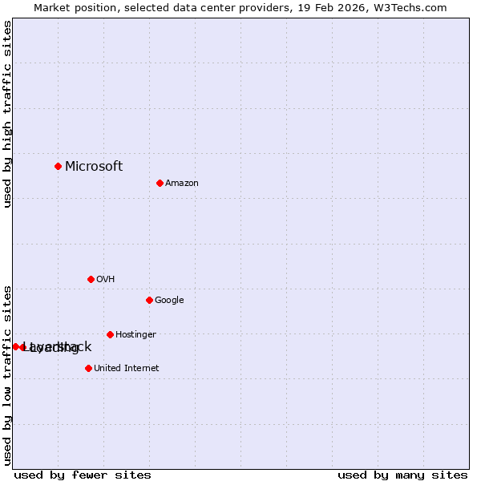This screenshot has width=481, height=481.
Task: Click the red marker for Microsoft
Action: [58, 166]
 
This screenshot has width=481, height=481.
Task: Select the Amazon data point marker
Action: [160, 183]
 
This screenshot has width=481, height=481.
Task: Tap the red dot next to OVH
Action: [91, 279]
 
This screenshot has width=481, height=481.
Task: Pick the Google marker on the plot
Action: [149, 300]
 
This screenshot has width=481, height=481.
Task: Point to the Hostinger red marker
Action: [110, 334]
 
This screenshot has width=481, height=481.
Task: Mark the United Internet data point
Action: [88, 368]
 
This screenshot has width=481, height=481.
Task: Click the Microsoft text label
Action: [94, 167]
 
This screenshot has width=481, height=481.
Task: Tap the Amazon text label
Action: [182, 184]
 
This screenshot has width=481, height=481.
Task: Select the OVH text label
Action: [106, 280]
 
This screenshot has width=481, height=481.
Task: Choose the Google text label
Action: [169, 301]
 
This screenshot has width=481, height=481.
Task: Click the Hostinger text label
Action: [135, 335]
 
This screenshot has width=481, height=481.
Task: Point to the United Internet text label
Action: [126, 369]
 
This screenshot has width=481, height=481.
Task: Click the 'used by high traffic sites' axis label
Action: [7, 115]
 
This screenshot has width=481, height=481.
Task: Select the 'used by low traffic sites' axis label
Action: [7, 374]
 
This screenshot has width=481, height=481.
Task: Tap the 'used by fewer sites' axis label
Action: [83, 475]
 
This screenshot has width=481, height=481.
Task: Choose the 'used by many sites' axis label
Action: [402, 475]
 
